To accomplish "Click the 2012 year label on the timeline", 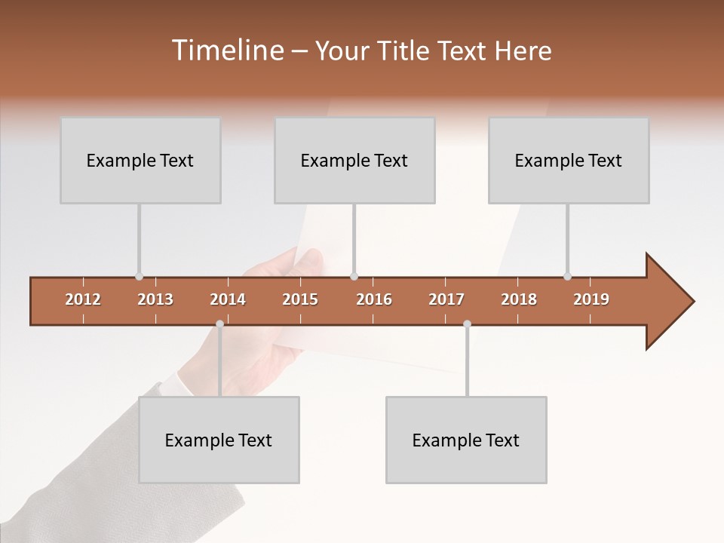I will [83, 299].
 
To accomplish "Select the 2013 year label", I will [155, 299].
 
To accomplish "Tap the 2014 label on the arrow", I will [228, 299].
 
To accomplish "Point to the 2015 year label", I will [300, 299].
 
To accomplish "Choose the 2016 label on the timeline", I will [374, 299].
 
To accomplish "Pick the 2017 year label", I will [446, 299].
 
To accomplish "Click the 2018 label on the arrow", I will [519, 299].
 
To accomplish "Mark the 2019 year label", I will [591, 299].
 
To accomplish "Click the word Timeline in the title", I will [227, 51].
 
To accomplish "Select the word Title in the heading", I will [406, 51].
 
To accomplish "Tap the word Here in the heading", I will [523, 51].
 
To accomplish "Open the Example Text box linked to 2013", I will [140, 160].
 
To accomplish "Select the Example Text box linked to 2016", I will [354, 160].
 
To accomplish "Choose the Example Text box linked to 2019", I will [569, 160].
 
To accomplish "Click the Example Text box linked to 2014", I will [219, 440].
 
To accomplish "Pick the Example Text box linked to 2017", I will [466, 440].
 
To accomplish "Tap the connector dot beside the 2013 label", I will [139, 277].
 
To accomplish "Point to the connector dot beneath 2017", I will [467, 324].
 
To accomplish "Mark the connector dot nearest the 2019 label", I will [567, 277].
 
